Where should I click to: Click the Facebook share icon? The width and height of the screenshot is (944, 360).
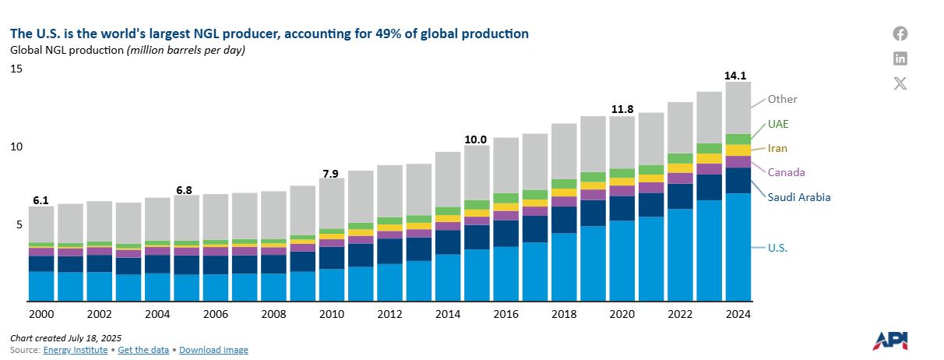[900, 34]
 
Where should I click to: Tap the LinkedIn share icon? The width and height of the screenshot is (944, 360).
[900, 58]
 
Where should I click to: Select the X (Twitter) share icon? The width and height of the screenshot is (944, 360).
[900, 83]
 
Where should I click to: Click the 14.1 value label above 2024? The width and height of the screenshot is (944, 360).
[736, 76]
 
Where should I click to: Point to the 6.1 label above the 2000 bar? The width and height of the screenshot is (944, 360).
[41, 200]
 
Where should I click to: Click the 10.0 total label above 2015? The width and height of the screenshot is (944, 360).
[475, 139]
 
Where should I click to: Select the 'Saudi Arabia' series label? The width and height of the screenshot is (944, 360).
[799, 197]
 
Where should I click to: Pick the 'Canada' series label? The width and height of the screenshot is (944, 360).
[786, 172]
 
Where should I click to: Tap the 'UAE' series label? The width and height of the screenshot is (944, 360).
[779, 124]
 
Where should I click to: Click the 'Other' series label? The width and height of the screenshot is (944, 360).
[782, 99]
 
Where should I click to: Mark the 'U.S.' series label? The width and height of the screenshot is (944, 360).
[777, 248]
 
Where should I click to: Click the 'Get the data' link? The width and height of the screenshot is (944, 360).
[143, 350]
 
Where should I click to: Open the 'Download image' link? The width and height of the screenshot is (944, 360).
[213, 350]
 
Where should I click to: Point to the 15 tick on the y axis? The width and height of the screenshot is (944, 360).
[16, 69]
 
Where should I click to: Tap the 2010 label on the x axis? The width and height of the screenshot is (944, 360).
[332, 314]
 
